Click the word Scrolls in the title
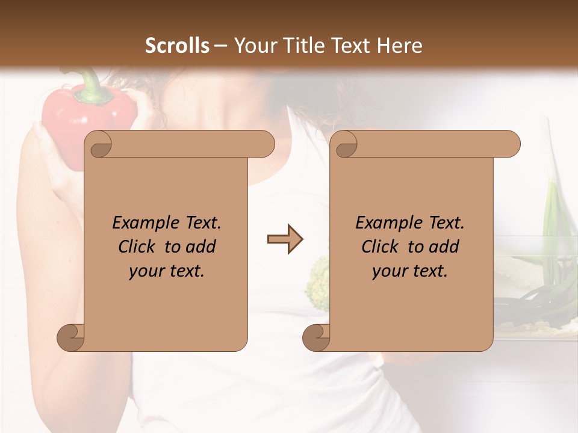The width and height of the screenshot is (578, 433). click(177, 46)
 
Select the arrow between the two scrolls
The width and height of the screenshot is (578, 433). click(285, 239)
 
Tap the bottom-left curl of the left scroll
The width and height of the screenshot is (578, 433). click(70, 337)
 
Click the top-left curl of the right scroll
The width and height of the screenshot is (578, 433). click(346, 144)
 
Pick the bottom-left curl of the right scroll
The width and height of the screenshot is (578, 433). click(316, 337)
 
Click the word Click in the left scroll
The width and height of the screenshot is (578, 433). click(137, 247)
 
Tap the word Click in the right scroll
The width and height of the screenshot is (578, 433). click(381, 247)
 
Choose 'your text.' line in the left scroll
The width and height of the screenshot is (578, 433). click(167, 271)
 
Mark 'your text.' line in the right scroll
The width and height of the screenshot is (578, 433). click(410, 271)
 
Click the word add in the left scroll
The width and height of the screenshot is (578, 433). click(201, 247)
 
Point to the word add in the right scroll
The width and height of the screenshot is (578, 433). click(444, 247)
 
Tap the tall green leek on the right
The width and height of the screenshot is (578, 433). click(551, 223)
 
